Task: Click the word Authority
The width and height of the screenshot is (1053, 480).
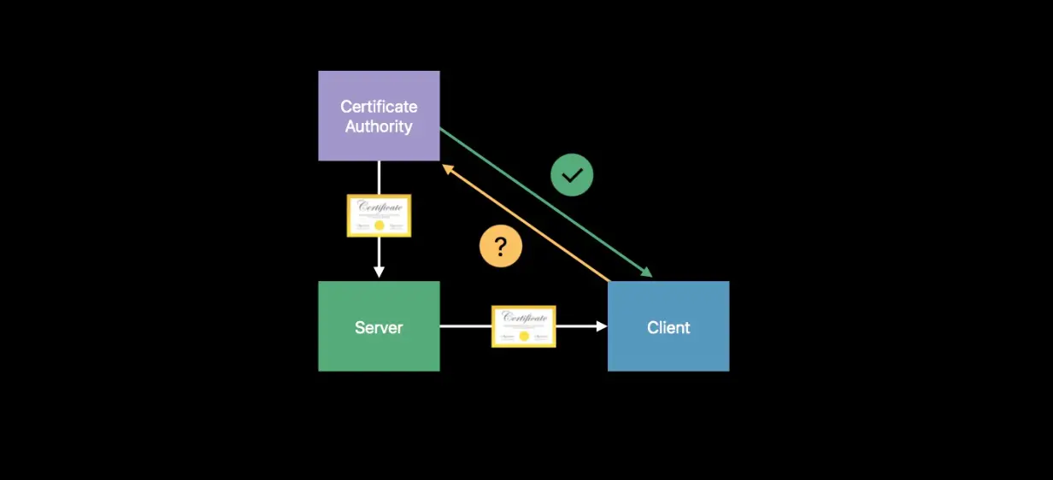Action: tap(379, 126)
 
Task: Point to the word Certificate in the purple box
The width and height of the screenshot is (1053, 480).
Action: tap(379, 107)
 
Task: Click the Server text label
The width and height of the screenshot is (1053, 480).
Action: tap(379, 327)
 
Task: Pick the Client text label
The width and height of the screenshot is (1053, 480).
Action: tap(668, 327)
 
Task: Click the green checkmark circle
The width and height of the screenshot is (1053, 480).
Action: tap(572, 175)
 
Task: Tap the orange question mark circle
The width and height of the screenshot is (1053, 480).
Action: tap(501, 246)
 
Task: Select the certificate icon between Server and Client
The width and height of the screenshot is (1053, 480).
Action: tap(524, 326)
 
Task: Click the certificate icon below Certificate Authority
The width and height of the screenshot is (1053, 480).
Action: tap(379, 215)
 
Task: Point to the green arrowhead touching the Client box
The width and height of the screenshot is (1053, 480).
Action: tap(647, 272)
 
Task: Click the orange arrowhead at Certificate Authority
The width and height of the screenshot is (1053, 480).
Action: tap(447, 169)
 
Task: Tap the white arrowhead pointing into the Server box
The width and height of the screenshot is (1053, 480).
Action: tap(379, 272)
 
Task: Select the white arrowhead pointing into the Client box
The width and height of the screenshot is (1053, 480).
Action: tap(602, 326)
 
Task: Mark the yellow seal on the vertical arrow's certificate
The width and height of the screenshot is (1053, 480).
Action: tap(379, 225)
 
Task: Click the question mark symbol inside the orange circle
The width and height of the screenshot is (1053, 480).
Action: tap(501, 246)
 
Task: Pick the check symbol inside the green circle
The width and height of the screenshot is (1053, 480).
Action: tap(572, 175)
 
